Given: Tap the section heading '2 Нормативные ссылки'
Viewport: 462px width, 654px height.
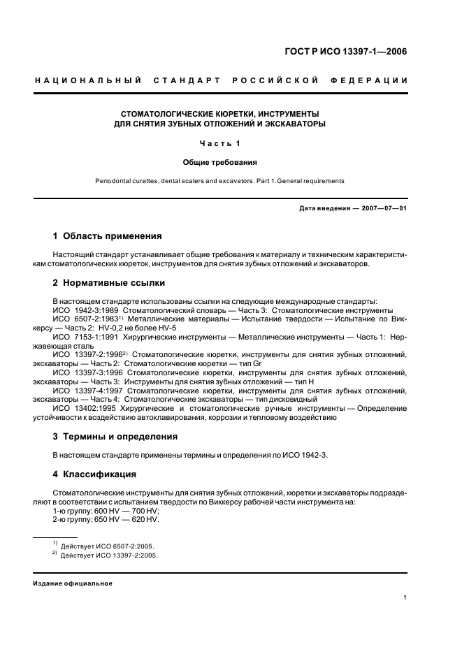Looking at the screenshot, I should pos(109,283).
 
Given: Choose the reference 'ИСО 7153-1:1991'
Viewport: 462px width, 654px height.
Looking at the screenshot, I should pos(87,337).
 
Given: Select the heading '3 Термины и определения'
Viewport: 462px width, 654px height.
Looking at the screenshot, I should pos(115,437).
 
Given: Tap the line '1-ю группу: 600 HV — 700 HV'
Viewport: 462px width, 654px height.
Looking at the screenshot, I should pos(106,511).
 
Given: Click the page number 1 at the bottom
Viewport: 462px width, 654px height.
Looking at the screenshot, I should pos(405,597).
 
